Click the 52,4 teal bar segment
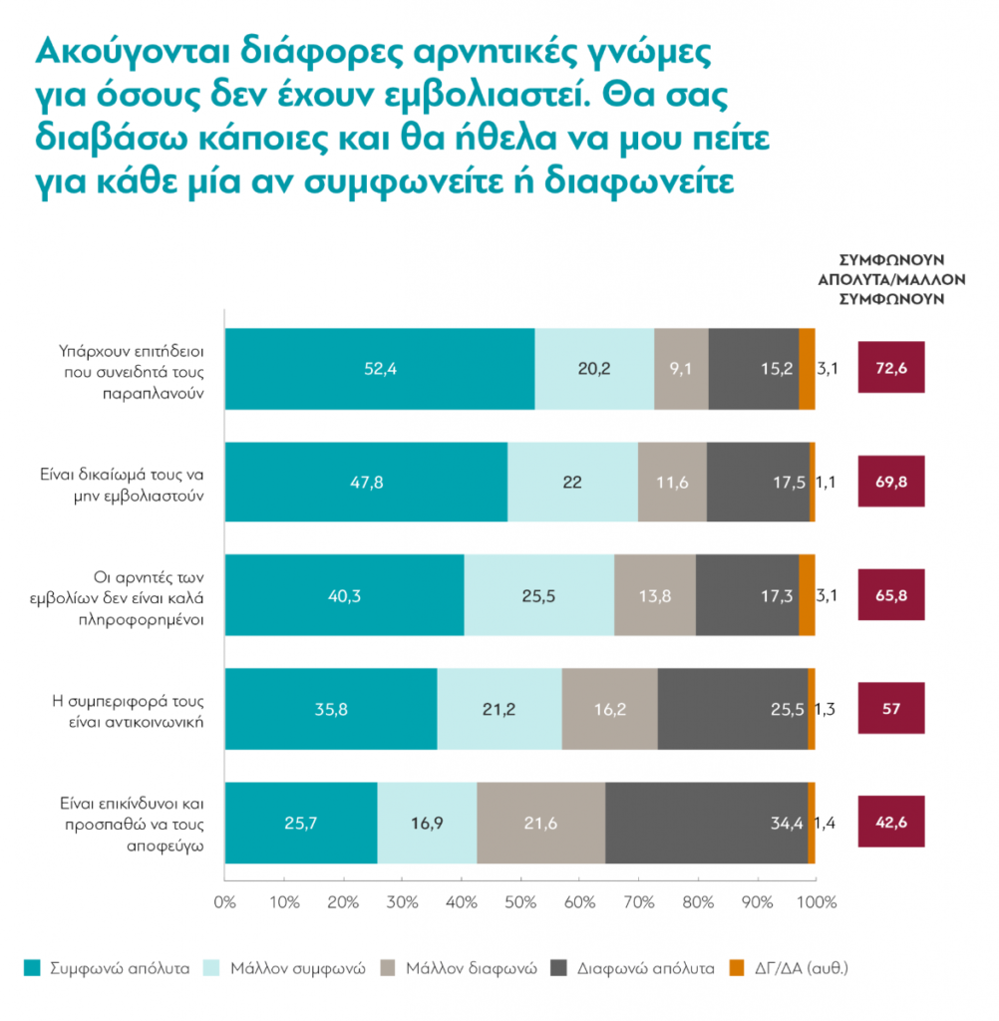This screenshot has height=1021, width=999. [x=380, y=368]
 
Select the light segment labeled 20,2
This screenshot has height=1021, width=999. [x=594, y=368]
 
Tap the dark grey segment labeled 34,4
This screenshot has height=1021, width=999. [x=706, y=823]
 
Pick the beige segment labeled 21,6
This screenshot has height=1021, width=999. [x=540, y=823]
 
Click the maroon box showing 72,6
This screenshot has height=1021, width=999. [x=891, y=368]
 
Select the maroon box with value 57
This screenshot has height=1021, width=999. [x=891, y=709]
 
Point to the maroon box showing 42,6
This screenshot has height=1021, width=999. [x=891, y=823]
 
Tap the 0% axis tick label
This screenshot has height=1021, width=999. [x=224, y=903]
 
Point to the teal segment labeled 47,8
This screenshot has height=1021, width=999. [x=366, y=482]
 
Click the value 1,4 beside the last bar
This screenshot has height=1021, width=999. [x=826, y=823]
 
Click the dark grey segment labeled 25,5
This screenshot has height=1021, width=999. [x=733, y=709]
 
